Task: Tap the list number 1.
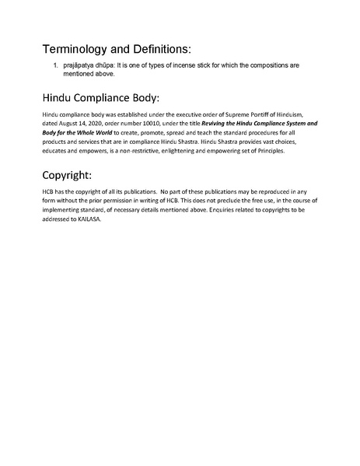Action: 55,65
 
